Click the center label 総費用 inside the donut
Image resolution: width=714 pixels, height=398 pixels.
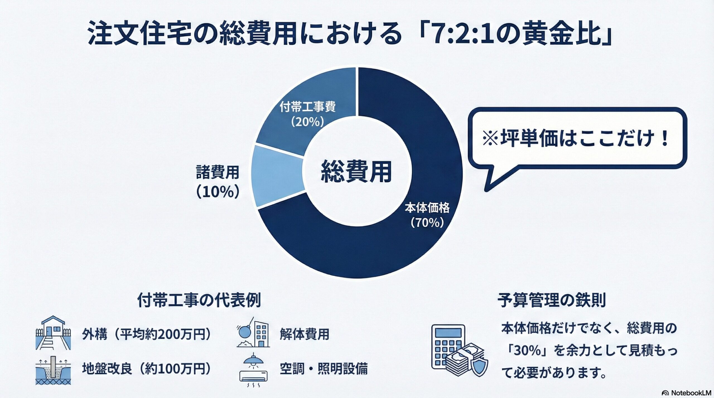click(356, 172)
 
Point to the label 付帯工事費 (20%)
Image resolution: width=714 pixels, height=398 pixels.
click(307, 114)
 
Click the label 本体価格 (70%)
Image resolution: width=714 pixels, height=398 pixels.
click(427, 215)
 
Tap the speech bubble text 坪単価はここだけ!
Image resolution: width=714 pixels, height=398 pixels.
click(576, 138)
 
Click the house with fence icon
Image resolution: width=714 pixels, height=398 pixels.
click(53, 333)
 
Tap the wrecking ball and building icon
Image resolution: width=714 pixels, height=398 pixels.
click(253, 332)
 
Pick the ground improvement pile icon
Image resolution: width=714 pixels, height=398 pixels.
click(53, 370)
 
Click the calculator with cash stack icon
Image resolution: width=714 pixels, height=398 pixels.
click(459, 351)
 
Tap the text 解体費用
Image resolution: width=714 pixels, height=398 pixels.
click(305, 334)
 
